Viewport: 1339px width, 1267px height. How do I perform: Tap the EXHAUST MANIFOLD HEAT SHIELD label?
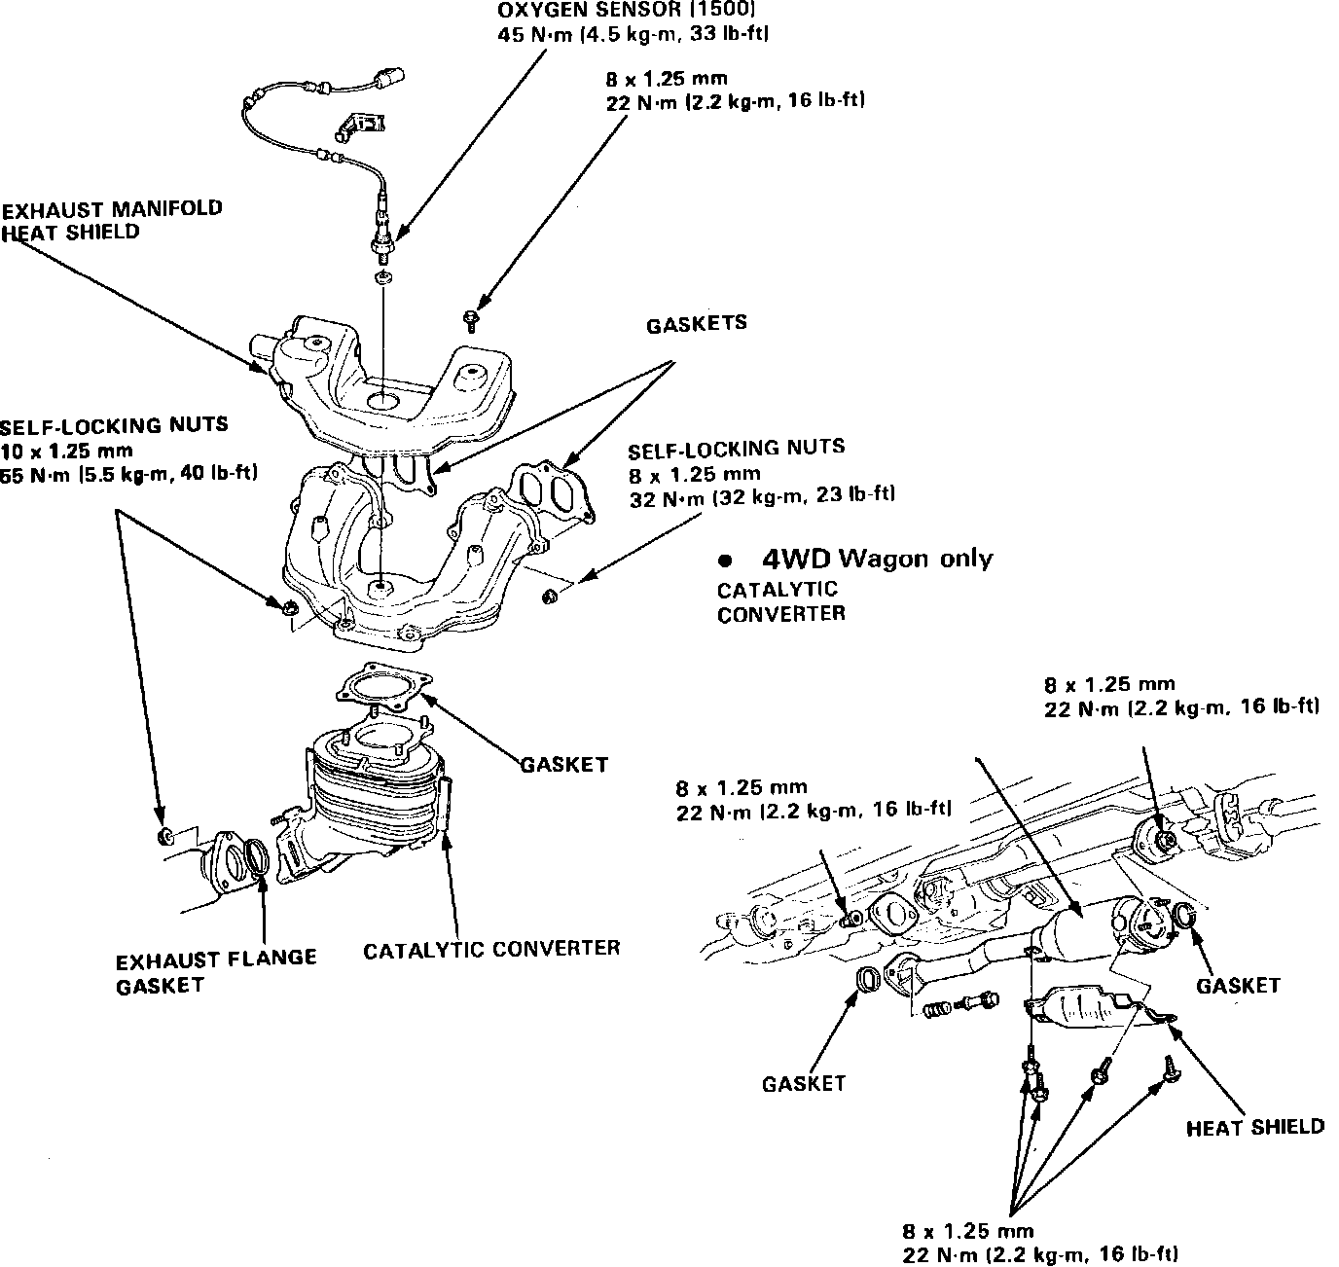[111, 220]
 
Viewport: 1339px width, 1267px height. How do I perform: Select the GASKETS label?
[697, 324]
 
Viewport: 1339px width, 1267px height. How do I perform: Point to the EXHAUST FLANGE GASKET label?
[215, 971]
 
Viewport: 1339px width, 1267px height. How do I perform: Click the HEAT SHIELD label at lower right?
[1255, 1127]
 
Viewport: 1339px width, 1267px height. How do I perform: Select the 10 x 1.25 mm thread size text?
[66, 451]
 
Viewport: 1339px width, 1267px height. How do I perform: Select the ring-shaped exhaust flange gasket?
[260, 857]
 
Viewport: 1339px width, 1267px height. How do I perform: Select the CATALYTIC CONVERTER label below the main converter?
[491, 949]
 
